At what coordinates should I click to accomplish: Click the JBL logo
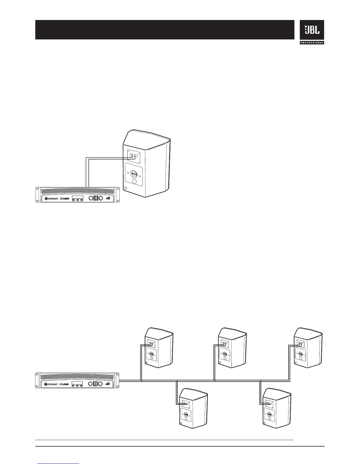tap(312, 30)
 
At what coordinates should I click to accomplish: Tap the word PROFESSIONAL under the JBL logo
tap(312, 43)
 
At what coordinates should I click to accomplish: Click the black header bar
tap(165, 30)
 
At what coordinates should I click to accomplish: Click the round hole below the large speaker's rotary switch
tap(134, 181)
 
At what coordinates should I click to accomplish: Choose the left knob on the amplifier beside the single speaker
tap(91, 198)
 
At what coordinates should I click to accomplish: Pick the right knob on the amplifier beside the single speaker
tap(101, 198)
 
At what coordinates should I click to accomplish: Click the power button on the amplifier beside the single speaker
tap(109, 199)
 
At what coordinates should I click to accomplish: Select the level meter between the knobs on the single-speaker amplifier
tap(96, 199)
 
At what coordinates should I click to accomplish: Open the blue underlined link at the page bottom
tap(59, 463)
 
